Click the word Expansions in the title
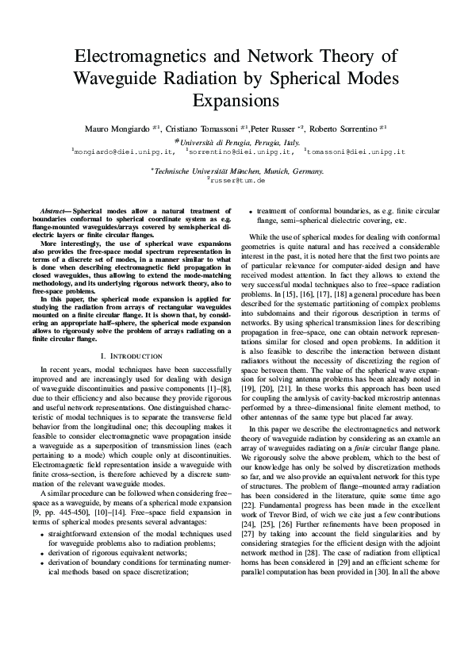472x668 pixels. coord(236,101)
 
